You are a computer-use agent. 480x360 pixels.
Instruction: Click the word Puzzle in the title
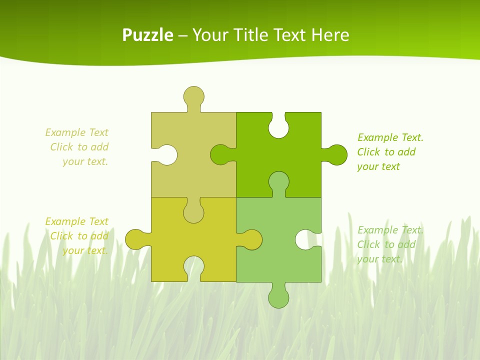click(147, 35)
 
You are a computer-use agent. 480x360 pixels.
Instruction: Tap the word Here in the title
click(330, 35)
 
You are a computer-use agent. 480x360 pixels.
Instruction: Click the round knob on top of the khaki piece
click(193, 95)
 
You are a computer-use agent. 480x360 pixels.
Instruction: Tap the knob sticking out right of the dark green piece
click(336, 154)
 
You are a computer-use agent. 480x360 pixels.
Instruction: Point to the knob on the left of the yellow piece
click(135, 239)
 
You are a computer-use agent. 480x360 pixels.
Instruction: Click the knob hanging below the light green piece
click(278, 297)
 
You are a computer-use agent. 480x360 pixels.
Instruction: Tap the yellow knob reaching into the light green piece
click(251, 239)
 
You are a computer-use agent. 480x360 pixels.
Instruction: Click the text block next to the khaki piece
click(77, 147)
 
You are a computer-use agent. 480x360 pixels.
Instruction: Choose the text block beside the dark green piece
click(390, 152)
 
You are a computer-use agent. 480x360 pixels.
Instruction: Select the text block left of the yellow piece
click(77, 236)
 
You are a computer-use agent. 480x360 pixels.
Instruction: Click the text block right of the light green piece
click(390, 244)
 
